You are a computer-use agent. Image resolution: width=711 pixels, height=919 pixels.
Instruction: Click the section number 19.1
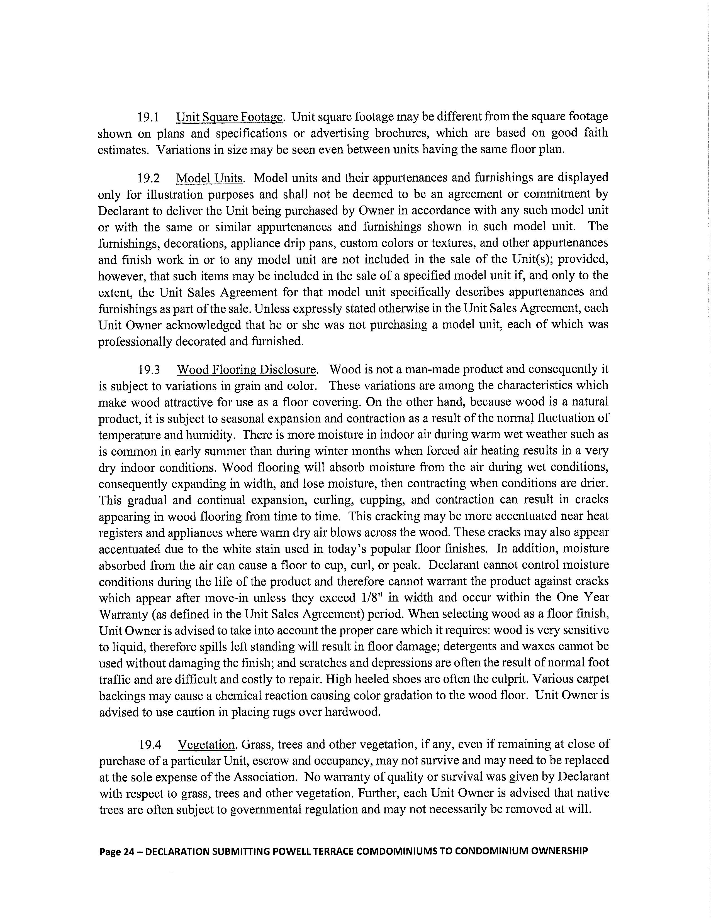(x=148, y=117)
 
